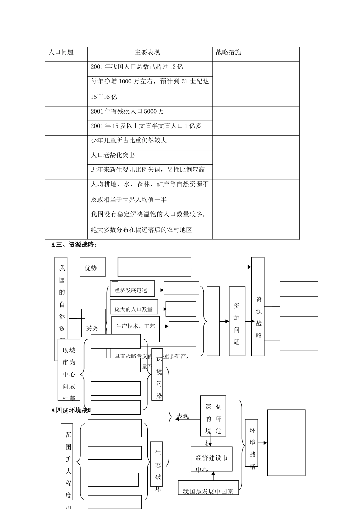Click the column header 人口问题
61,52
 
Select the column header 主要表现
147,52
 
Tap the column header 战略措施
229,52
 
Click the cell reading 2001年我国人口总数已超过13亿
137,67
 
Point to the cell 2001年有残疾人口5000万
127,111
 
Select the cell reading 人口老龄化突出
113,155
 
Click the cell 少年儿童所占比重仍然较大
128,141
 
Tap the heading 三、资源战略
74,245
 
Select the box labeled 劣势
92,327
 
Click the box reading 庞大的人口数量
133,309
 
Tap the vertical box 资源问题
237,321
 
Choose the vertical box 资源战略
258,307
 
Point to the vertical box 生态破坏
158,464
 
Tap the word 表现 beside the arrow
183,416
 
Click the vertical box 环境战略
252,442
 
